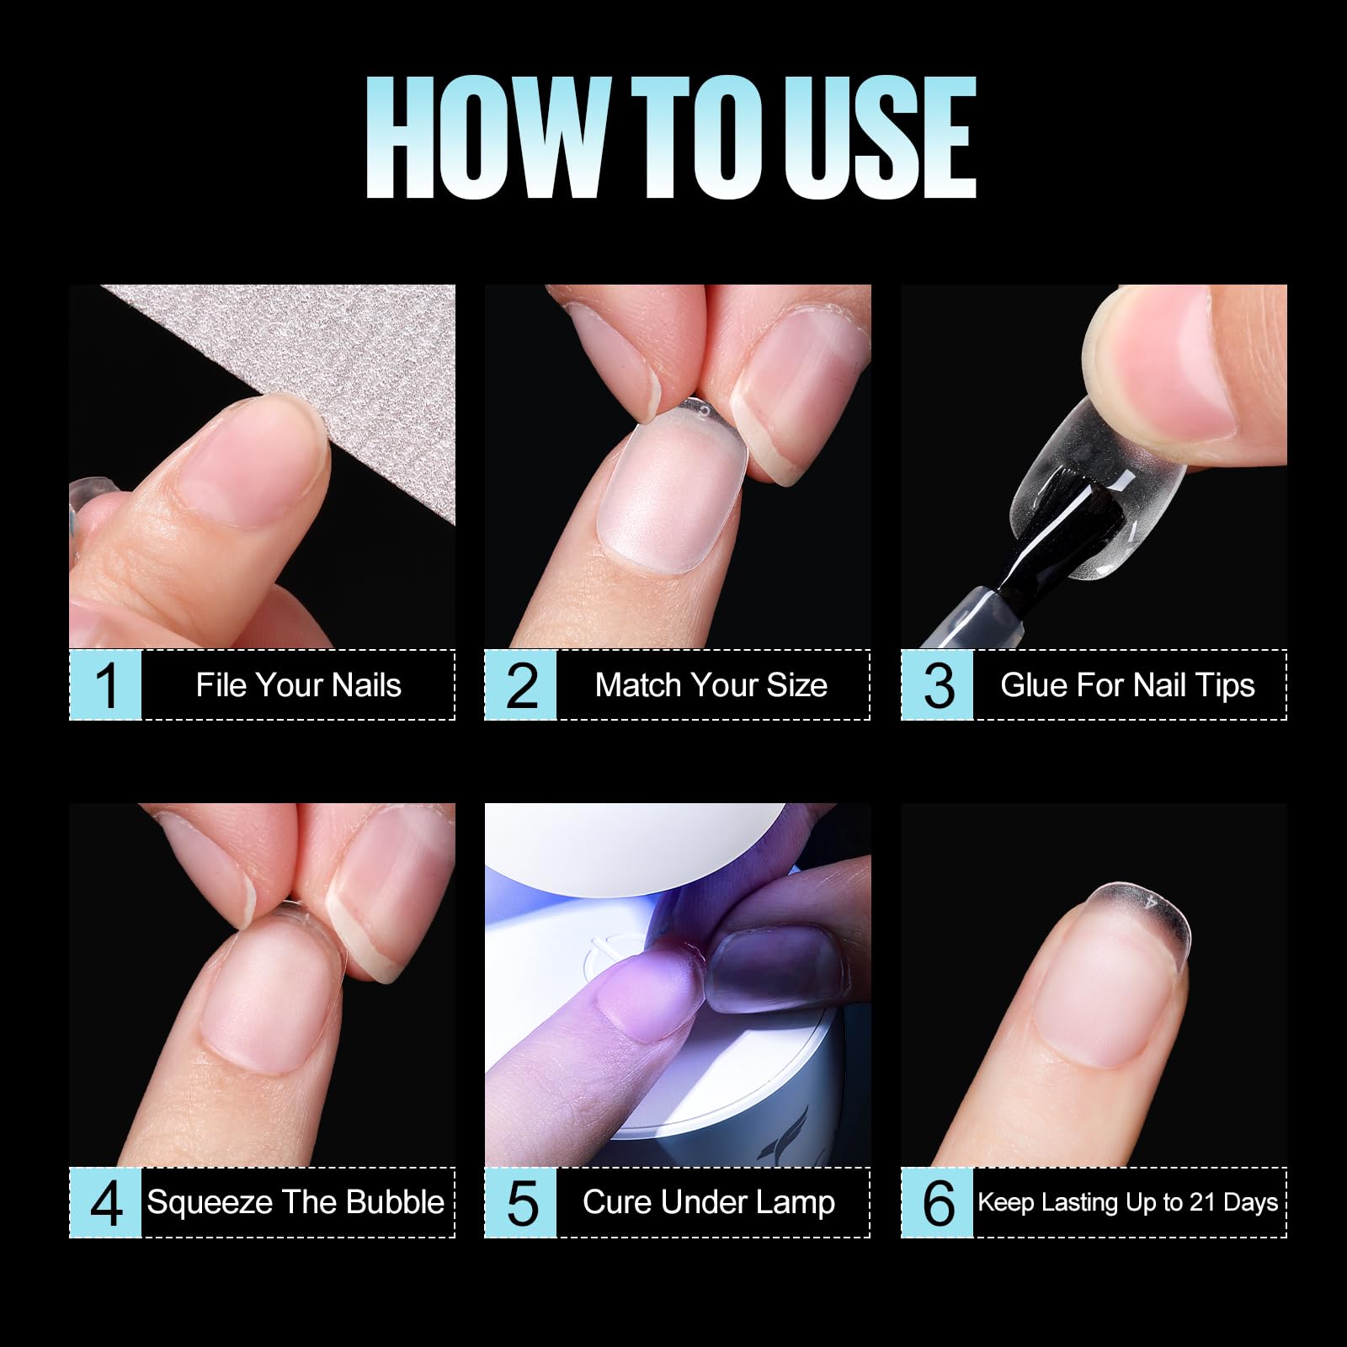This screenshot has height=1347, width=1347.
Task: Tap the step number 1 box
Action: (x=105, y=684)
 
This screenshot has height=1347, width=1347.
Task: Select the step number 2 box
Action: (x=520, y=684)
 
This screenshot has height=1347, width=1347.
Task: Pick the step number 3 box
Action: (x=937, y=684)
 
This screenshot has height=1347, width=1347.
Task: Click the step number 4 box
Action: (x=105, y=1202)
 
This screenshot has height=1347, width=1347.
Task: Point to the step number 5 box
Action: (x=520, y=1202)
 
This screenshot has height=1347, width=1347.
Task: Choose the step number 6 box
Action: (x=937, y=1202)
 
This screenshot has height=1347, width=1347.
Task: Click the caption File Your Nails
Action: (x=299, y=685)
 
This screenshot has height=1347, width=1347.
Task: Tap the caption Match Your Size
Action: (x=711, y=685)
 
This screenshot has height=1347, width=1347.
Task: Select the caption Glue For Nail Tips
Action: (x=1128, y=685)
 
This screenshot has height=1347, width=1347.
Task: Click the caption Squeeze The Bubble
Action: (x=295, y=1202)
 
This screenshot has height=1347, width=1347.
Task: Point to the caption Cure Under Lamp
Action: (x=709, y=1202)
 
